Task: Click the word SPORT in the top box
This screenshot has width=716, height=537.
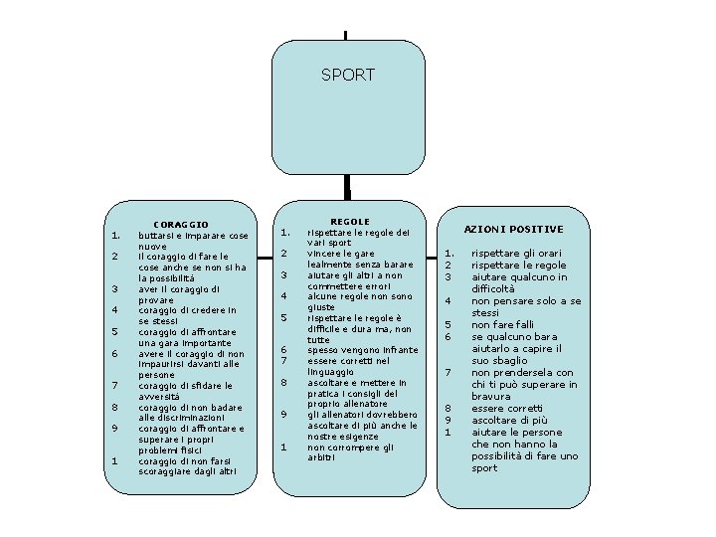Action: pyautogui.click(x=348, y=75)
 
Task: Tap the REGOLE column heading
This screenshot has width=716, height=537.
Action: pyautogui.click(x=349, y=222)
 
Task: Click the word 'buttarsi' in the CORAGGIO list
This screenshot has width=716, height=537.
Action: pyautogui.click(x=157, y=236)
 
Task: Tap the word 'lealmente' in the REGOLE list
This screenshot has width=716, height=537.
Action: pyautogui.click(x=333, y=265)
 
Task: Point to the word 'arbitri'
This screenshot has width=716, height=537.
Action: pyautogui.click(x=322, y=457)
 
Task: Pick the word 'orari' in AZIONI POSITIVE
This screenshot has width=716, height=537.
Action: pyautogui.click(x=551, y=254)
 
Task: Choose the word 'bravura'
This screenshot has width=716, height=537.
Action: pyautogui.click(x=491, y=397)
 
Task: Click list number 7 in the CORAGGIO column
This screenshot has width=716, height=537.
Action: pyautogui.click(x=115, y=385)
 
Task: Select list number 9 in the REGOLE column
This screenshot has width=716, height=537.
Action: pyautogui.click(x=283, y=414)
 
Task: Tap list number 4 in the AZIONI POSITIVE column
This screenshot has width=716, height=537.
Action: pyautogui.click(x=448, y=300)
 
